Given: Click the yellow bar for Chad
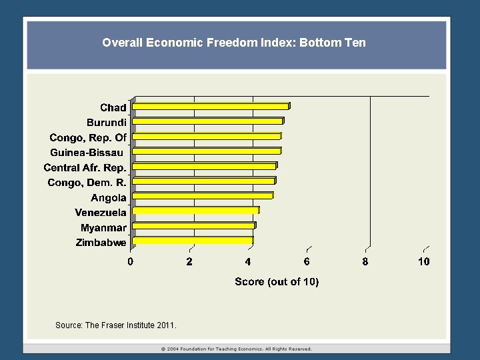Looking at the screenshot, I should pos(211,106).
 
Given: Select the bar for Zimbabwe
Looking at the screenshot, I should pos(193,241).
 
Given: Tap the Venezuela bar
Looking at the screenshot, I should pos(196,211).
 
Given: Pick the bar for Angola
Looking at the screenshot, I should pos(203,196).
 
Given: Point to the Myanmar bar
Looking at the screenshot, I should pos(194,226).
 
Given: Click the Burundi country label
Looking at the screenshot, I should pos(106,122).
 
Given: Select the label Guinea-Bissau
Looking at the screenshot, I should pos(87,153).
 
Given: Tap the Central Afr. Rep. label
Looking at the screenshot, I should pos(85,167).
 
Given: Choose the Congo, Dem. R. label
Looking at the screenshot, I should pos(87,183).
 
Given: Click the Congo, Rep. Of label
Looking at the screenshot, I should pos(87,137).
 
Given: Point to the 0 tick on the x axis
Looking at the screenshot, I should pos(131,261).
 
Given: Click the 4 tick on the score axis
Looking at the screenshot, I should pos(248,261).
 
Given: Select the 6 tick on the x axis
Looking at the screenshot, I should pos(307,261).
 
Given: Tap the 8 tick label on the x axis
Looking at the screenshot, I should pos(365,261).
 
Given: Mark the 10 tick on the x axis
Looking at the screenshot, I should pos(424,261).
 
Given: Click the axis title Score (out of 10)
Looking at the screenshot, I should pos(277,282).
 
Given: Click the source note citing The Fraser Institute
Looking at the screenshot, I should pos(116,325).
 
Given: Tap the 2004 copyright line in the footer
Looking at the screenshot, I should pos(237,349).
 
